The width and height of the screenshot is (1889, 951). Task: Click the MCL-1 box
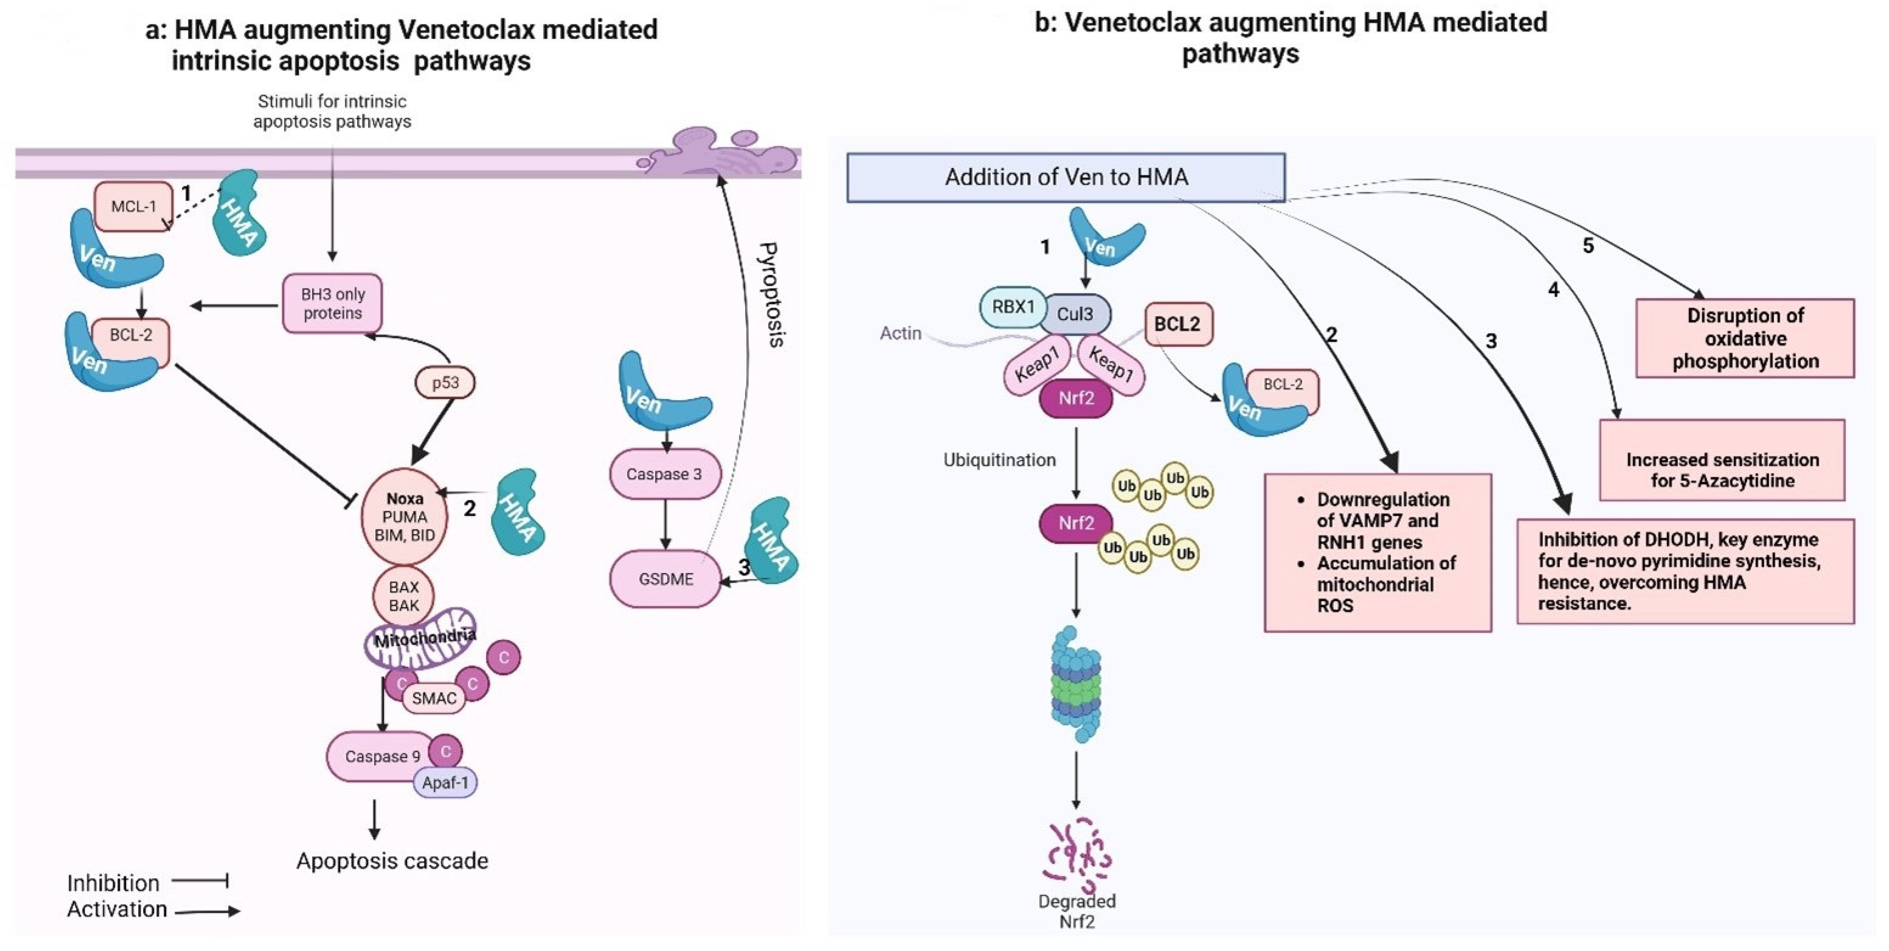[133, 206]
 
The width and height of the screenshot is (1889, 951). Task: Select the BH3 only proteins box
[333, 303]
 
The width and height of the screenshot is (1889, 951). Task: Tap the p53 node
[445, 382]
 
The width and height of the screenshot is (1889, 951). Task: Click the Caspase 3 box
[664, 474]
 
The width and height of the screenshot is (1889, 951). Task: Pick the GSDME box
[665, 579]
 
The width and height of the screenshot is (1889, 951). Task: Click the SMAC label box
[433, 698]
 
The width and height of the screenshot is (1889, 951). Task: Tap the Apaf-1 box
[445, 782]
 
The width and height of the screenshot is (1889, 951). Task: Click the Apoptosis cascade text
[392, 860]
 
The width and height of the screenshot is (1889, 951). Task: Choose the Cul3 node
[1075, 314]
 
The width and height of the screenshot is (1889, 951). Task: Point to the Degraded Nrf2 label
[1076, 911]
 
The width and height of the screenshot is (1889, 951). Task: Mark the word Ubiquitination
[999, 460]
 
